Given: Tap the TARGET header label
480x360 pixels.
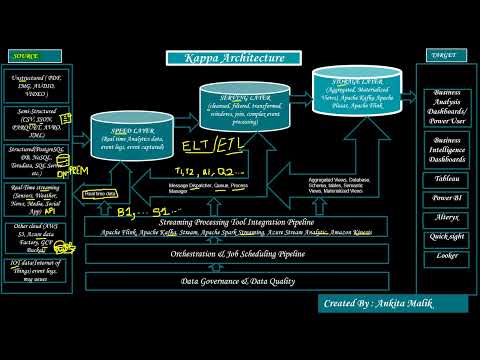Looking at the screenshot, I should (x=440, y=57).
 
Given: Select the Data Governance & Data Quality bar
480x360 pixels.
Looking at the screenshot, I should (x=235, y=281).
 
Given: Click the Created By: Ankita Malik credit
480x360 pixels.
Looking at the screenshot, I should (x=394, y=302).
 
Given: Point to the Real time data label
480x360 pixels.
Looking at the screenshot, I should (x=100, y=192).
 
